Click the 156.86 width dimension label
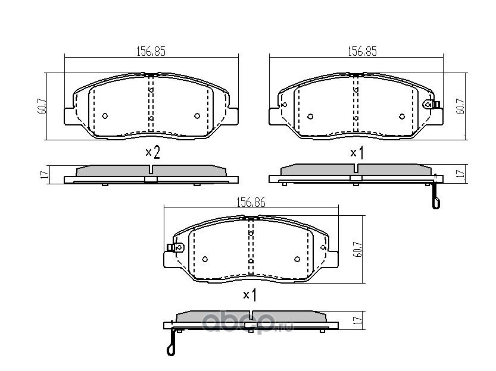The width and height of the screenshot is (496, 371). tap(251, 203)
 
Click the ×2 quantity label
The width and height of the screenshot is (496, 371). tap(153, 153)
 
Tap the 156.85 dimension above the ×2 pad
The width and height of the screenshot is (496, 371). tap(151, 52)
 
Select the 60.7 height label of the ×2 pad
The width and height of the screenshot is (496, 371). tap(43, 106)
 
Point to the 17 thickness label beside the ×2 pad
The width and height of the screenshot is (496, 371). tap(45, 174)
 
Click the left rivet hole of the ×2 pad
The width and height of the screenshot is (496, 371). tap(105, 116)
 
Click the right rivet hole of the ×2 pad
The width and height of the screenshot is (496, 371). tap(197, 116)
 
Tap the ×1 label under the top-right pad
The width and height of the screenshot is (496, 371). tap(357, 153)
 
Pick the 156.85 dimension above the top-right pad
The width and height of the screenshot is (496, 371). tap(362, 52)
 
